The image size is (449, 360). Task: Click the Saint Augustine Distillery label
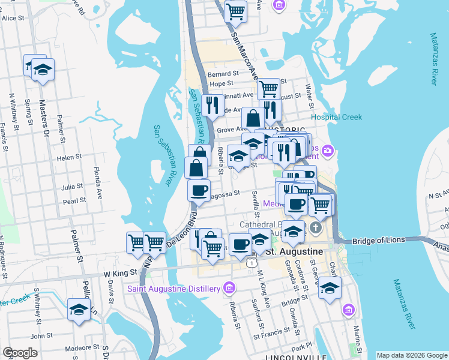pos(173,289)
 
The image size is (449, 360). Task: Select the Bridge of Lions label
pos(376,241)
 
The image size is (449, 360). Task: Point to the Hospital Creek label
pos(336,118)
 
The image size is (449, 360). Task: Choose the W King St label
pos(117,273)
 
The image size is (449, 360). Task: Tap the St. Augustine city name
pos(294,250)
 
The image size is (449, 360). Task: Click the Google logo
pos(20,353)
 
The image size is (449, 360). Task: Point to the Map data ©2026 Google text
pos(411,355)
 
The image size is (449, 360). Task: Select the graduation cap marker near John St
pos(79,310)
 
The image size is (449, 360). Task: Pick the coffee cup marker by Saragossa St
pos(199,191)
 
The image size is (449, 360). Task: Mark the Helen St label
pos(69,157)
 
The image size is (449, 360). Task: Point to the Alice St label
pos(13,19)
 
